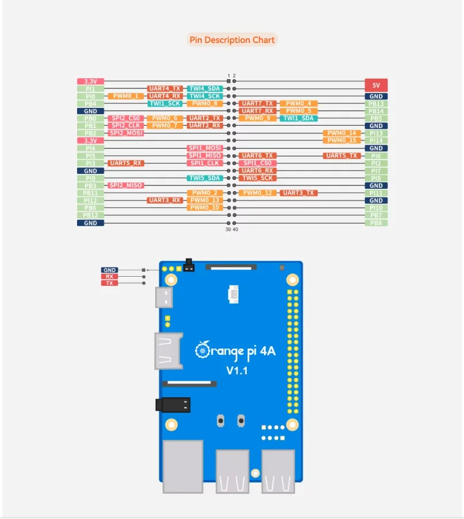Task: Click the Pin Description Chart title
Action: [x=232, y=40]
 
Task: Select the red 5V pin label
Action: [x=376, y=84]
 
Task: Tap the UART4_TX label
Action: [x=165, y=89]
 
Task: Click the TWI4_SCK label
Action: [x=205, y=96]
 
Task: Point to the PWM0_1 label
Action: [x=125, y=96]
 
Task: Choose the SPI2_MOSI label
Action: [x=125, y=133]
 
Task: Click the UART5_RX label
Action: [x=125, y=163]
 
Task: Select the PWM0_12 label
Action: [x=257, y=193]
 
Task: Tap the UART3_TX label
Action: [x=298, y=193]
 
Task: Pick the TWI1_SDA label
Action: [x=298, y=118]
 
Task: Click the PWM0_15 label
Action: [x=343, y=141]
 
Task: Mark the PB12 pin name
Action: [x=90, y=215]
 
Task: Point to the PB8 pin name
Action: [x=376, y=223]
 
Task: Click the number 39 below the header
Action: [x=228, y=229]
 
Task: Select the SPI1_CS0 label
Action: [x=257, y=163]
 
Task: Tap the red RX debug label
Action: [x=109, y=277]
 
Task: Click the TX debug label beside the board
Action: [x=109, y=283]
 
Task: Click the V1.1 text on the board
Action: [x=236, y=371]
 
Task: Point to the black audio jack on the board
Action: [x=173, y=405]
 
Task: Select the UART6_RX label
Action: [x=257, y=171]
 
